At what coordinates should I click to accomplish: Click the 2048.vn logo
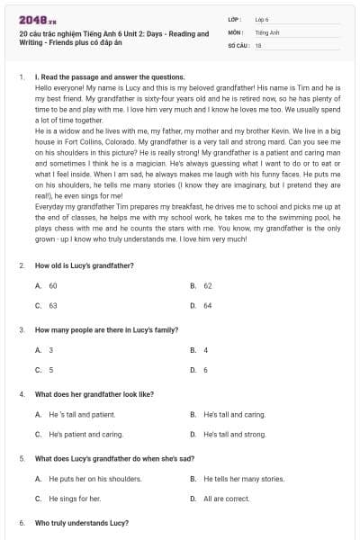(x=32, y=19)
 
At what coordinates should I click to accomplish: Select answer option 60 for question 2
(x=52, y=285)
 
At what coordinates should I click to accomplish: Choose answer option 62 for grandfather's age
(x=207, y=285)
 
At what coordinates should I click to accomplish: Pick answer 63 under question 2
(x=52, y=305)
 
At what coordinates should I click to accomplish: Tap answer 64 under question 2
(x=207, y=305)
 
